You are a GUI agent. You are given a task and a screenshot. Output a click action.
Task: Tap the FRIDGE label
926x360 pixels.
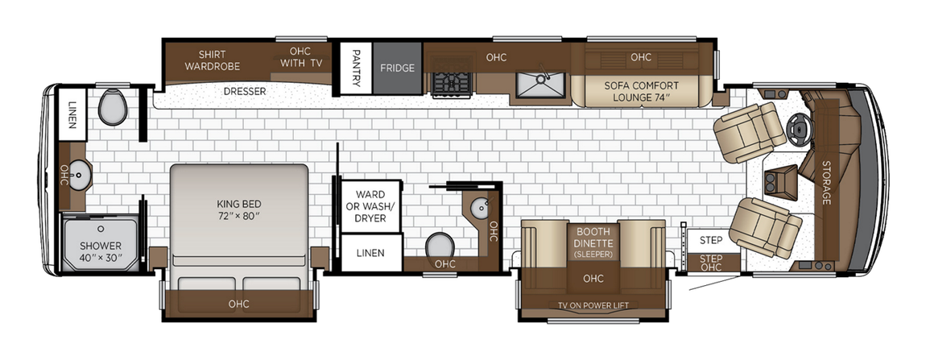pyautogui.click(x=397, y=68)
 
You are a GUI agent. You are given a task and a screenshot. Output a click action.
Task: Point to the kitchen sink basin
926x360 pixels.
pyautogui.click(x=539, y=84)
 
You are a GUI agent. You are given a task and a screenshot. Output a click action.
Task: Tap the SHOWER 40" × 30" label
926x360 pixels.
pyautogui.click(x=101, y=251)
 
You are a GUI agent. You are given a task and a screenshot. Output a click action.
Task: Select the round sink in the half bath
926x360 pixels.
pyautogui.click(x=480, y=207)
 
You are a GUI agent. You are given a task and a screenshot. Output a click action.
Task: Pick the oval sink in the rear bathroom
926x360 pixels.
pyautogui.click(x=78, y=172)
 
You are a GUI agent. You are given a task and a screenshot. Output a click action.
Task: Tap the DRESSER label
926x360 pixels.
pyautogui.click(x=244, y=91)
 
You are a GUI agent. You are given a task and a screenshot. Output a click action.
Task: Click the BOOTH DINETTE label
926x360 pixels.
pyautogui.click(x=593, y=237)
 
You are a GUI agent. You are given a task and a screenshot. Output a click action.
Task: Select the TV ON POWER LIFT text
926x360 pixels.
pyautogui.click(x=593, y=305)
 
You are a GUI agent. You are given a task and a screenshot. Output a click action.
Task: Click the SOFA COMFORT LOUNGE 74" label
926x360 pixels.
pyautogui.click(x=641, y=91)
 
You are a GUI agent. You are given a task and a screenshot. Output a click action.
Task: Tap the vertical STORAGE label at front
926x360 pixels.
pyautogui.click(x=825, y=182)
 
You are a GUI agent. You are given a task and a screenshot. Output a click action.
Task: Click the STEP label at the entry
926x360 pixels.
pyautogui.click(x=710, y=240)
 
